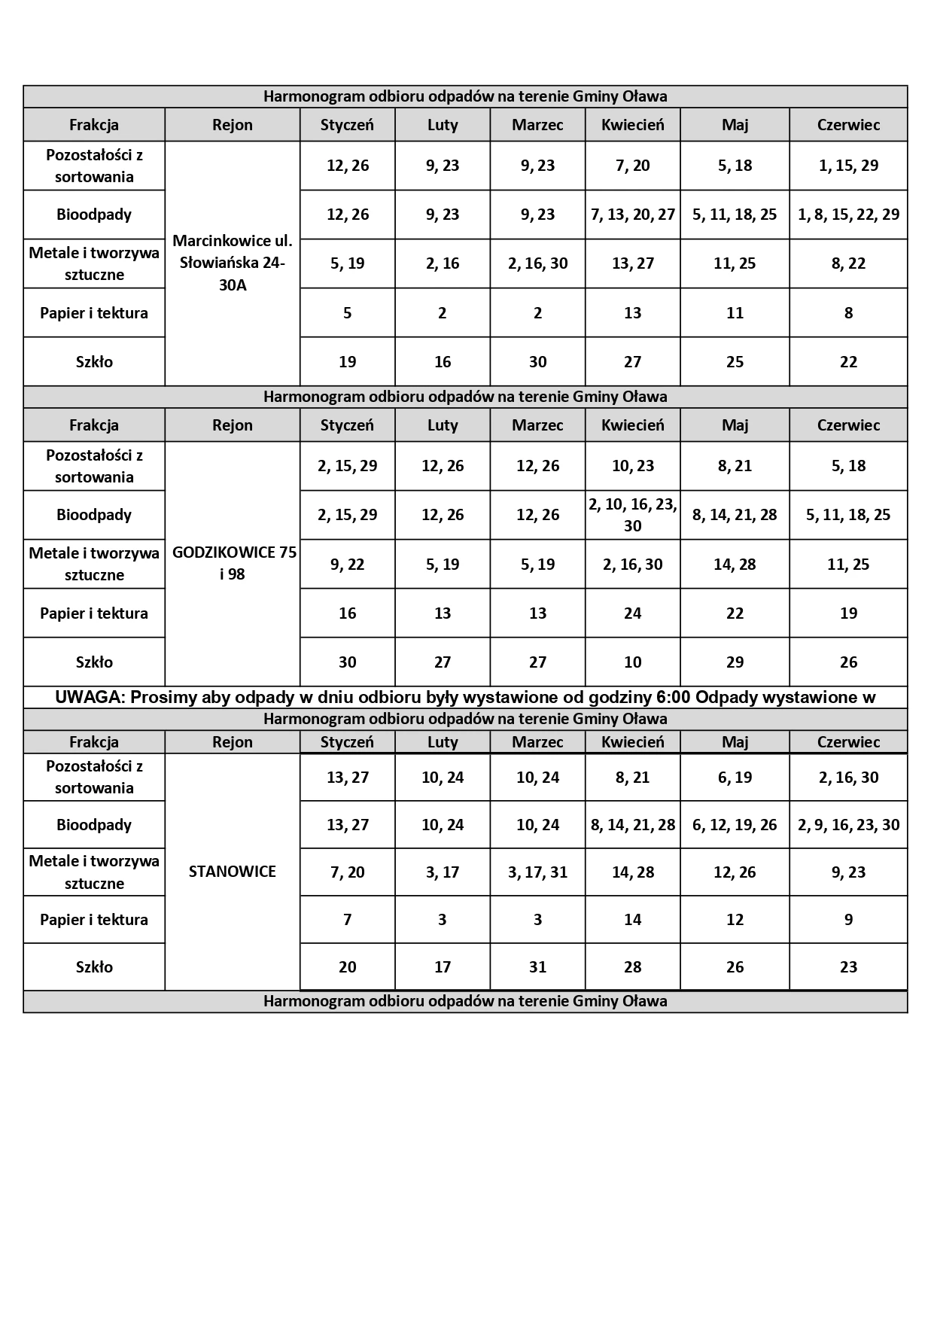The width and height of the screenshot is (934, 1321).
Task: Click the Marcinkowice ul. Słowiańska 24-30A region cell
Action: (232, 263)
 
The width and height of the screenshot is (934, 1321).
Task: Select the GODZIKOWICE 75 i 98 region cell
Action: (232, 563)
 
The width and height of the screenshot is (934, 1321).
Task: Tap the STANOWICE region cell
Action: (232, 872)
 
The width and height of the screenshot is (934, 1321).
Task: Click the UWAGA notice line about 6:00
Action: (465, 697)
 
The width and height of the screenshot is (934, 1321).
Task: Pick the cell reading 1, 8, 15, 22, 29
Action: (848, 215)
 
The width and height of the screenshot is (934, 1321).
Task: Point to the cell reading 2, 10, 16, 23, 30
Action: (632, 515)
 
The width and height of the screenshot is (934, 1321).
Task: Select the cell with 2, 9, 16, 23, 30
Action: (848, 825)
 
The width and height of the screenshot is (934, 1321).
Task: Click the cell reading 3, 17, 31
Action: (537, 872)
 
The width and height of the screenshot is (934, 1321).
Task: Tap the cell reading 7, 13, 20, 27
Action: (632, 215)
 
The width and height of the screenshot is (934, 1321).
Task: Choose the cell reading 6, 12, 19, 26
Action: (735, 825)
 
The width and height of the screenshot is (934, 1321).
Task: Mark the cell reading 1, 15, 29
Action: (848, 166)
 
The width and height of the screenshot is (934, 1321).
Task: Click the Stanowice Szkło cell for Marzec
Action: (537, 966)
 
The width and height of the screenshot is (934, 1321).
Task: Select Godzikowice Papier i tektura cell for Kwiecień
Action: (632, 613)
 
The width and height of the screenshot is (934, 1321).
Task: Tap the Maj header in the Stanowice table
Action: (735, 742)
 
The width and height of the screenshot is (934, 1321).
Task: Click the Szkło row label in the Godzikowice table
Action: (94, 662)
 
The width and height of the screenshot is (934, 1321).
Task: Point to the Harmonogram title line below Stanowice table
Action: (465, 1002)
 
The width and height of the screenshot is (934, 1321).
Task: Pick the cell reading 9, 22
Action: (347, 565)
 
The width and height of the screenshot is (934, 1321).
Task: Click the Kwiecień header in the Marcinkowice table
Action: (632, 125)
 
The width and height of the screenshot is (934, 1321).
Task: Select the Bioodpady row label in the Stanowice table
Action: (94, 825)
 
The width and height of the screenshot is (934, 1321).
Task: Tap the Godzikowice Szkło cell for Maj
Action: (735, 662)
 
